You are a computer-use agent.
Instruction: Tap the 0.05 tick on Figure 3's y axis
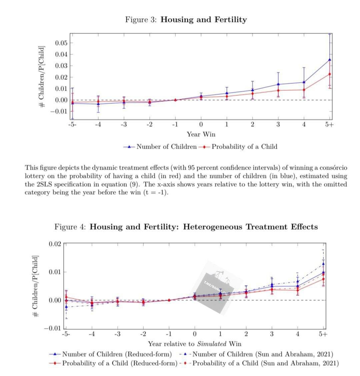coord(61,43)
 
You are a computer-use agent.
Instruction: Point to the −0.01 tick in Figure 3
coord(59,111)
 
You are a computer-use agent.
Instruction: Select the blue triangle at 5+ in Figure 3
coord(330,60)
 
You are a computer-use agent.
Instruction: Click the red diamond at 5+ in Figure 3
coord(330,74)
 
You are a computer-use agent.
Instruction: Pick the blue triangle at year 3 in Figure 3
coord(278,84)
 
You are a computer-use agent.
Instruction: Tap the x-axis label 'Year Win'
coord(201,134)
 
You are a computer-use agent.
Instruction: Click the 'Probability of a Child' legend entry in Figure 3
coord(244,147)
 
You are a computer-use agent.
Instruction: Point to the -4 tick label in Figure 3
coord(98,125)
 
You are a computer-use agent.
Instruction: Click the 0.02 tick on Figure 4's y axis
coord(55,244)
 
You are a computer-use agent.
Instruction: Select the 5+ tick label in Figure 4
coord(323,334)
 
